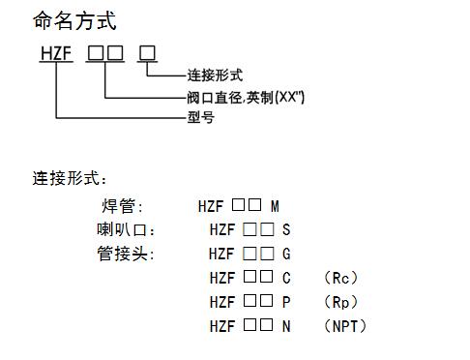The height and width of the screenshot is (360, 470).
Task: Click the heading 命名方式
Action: pos(74,20)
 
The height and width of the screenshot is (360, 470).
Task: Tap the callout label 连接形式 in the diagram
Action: pos(214,75)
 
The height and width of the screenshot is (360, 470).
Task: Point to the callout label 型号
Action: pos(200,117)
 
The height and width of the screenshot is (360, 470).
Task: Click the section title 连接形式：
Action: pos(71,178)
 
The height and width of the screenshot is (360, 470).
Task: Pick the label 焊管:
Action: pos(122,207)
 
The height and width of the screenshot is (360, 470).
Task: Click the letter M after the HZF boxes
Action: pos(275,207)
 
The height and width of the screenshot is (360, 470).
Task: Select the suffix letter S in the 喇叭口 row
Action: pos(286,230)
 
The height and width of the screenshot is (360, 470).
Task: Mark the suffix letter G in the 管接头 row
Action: pos(286,254)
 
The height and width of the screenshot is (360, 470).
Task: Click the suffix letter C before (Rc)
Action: pos(286,278)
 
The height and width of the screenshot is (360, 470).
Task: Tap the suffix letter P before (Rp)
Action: pos(286,301)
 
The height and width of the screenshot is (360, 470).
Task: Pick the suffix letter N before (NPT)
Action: pos(286,325)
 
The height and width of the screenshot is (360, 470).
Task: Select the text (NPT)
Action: pos(345,325)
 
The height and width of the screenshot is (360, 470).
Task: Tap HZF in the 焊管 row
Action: pos(211,207)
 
